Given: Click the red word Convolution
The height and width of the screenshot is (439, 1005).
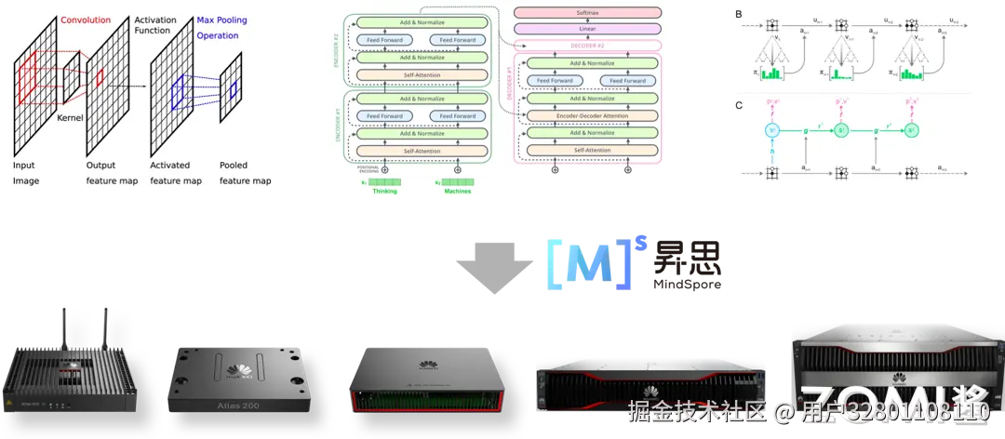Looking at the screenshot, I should pos(86,19).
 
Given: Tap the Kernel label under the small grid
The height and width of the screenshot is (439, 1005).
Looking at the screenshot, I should pos(70,119).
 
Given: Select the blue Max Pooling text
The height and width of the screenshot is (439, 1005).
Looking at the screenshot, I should pos(221,20).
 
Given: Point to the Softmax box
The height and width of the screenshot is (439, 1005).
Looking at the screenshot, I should pos(587,14).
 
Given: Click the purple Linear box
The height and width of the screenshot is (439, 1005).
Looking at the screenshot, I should pos(587,29).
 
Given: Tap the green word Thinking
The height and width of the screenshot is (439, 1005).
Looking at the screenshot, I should pos(384,192).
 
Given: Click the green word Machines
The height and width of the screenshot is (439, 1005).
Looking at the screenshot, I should pos(458,192).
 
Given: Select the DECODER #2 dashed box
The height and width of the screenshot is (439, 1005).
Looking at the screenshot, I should pos(587,45).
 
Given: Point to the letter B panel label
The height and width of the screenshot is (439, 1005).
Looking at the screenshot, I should pos(739,15).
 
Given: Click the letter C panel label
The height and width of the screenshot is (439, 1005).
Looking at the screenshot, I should pos(739,105).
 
